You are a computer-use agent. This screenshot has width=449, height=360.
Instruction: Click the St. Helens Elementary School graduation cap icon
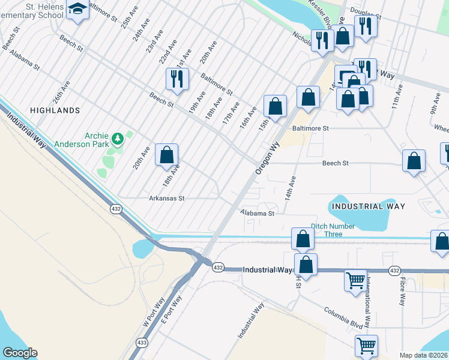(x=77, y=10)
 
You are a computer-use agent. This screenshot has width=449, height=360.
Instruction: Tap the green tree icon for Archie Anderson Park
(x=118, y=139)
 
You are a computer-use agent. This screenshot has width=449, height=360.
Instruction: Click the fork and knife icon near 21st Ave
(x=177, y=79)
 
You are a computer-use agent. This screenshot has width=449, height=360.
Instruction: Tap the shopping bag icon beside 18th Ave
(x=167, y=155)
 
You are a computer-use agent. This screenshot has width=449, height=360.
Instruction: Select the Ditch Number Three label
(x=333, y=230)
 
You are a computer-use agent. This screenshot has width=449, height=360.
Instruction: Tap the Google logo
(x=20, y=353)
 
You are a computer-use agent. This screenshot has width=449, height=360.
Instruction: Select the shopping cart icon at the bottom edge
(x=366, y=346)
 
